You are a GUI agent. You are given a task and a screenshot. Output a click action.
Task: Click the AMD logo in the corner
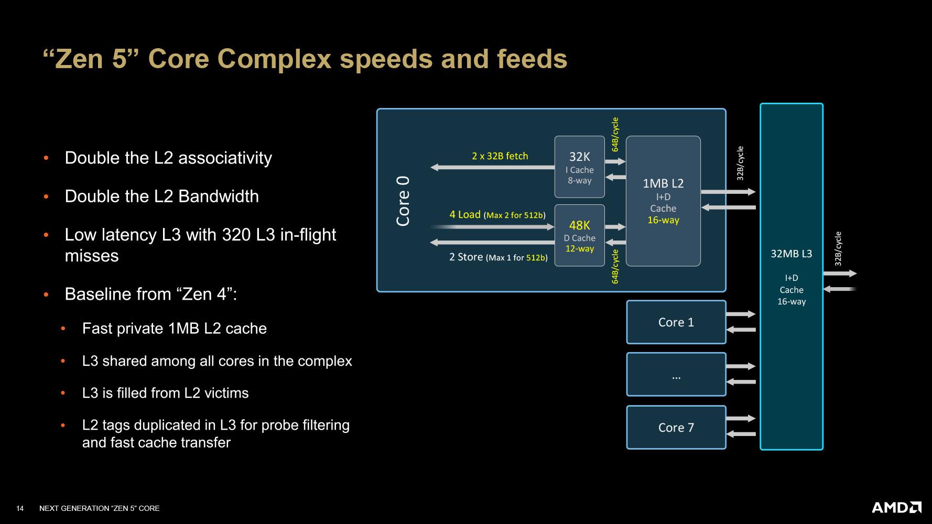(x=896, y=507)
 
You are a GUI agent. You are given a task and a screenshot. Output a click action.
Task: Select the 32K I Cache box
(x=579, y=167)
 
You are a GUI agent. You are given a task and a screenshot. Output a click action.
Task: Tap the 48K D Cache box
(x=579, y=235)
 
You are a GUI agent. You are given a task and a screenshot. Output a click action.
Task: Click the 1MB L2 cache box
(x=663, y=201)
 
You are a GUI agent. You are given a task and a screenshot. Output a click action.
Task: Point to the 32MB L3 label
(x=791, y=254)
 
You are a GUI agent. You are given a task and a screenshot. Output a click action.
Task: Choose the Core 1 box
(x=676, y=322)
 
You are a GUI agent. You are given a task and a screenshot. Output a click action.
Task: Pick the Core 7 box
(x=676, y=428)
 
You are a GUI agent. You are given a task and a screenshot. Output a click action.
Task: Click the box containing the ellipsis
(x=676, y=375)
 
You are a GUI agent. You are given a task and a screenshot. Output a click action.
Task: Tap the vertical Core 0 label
(x=403, y=201)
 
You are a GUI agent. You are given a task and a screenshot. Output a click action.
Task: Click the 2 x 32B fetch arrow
(x=492, y=167)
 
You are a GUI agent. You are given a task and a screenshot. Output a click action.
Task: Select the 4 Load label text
(x=465, y=214)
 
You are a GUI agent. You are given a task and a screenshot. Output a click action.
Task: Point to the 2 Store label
(x=466, y=257)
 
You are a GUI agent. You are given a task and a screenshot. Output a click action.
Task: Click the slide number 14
(x=20, y=508)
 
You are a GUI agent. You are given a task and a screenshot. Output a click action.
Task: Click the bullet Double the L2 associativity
(x=168, y=158)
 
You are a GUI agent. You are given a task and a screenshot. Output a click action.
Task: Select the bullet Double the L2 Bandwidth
(x=161, y=196)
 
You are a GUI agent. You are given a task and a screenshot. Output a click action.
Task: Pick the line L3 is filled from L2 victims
(x=165, y=393)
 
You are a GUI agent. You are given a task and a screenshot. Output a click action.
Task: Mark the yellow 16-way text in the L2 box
(x=663, y=220)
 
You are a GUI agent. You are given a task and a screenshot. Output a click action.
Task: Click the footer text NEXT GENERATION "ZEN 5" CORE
(x=100, y=508)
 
